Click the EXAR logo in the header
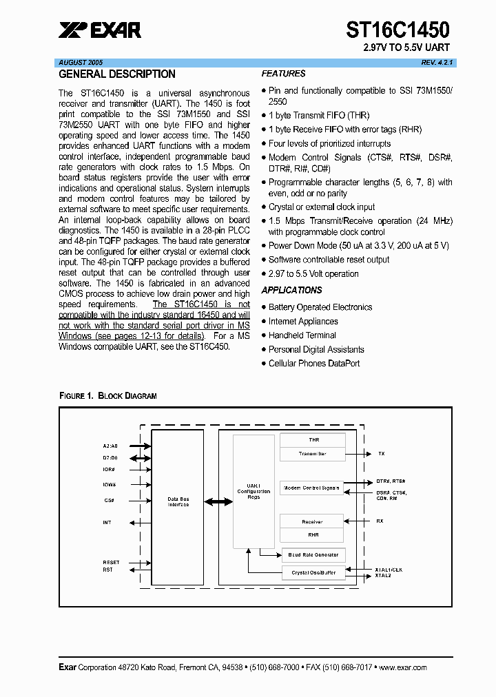pos(101,30)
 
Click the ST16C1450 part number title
pos(397,30)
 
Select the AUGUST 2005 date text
pos(81,62)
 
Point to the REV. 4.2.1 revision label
pos(437,62)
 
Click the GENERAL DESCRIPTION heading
pos(117,74)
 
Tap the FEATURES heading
pos(283,74)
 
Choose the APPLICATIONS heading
pos(292,291)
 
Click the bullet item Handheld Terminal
pos(302,335)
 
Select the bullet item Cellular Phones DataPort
pos(313,364)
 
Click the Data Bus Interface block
pos(178,502)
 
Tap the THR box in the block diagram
pos(313,439)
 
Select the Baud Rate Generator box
pos(313,555)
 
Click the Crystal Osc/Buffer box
pos(313,572)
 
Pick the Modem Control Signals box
pos(312,488)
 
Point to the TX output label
pos(381,454)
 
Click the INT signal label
pos(107,523)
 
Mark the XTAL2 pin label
pos(383,575)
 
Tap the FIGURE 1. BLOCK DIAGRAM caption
pos(107,396)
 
